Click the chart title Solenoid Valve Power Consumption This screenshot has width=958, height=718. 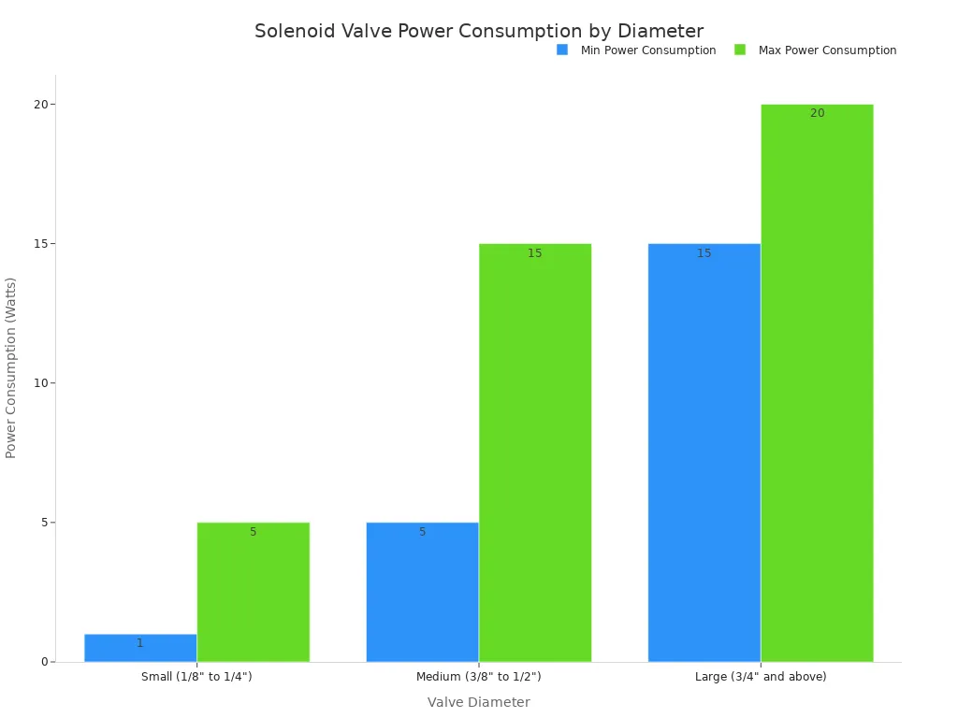tap(478, 32)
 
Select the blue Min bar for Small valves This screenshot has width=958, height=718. tap(140, 648)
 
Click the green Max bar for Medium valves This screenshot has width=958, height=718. tap(535, 452)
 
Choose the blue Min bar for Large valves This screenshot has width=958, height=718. tap(704, 452)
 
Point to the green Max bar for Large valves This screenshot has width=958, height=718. tap(817, 383)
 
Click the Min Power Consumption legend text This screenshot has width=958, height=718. tap(648, 50)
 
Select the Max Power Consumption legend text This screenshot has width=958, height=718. tap(827, 50)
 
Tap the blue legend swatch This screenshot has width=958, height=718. tap(562, 50)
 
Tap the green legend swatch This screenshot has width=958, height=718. tap(740, 50)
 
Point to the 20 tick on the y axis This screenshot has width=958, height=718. tap(40, 105)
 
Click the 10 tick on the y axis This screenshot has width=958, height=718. tap(40, 383)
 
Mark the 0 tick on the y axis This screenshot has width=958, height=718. tap(44, 662)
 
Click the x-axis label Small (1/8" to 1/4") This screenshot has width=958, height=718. tap(196, 677)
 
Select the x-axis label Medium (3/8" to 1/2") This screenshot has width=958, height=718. tap(478, 677)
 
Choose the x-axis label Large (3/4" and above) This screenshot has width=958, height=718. tap(761, 677)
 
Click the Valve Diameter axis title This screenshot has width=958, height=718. tap(478, 702)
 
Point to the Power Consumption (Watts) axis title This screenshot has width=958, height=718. tap(11, 367)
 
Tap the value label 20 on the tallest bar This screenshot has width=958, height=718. tap(817, 113)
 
